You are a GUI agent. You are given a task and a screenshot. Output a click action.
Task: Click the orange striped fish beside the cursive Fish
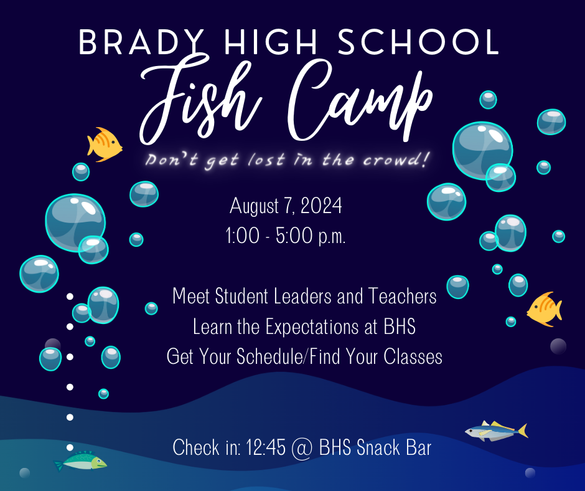[103, 145]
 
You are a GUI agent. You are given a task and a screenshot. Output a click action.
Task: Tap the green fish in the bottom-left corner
[81, 462]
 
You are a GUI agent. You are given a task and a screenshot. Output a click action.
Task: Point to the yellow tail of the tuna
[522, 430]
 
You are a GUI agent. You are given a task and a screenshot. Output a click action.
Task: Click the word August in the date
[256, 206]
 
